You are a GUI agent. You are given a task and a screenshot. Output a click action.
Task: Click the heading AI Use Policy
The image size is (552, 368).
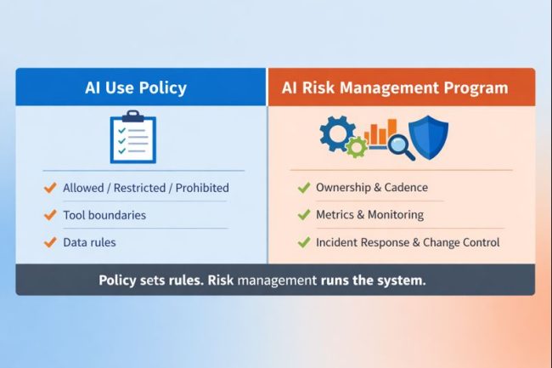135,88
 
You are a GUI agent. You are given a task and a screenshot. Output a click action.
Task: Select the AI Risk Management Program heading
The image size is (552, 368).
402,88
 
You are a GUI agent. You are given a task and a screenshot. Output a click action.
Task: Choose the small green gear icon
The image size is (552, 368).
356,147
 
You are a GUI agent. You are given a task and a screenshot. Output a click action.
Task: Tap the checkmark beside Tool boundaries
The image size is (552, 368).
50,215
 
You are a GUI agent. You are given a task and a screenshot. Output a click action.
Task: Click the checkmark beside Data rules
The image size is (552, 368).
50,242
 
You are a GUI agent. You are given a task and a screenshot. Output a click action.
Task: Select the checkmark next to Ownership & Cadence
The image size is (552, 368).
303,187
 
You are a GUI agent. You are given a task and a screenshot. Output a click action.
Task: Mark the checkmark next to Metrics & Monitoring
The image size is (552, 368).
303,215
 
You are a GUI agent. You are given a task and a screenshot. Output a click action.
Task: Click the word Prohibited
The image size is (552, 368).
200,188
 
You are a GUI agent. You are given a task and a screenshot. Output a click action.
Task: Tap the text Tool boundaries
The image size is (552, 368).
104,215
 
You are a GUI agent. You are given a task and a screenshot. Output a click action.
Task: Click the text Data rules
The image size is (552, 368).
89,242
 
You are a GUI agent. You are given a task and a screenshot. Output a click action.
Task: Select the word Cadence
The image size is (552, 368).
404,187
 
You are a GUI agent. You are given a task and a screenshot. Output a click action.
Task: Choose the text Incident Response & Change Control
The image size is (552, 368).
408,242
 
